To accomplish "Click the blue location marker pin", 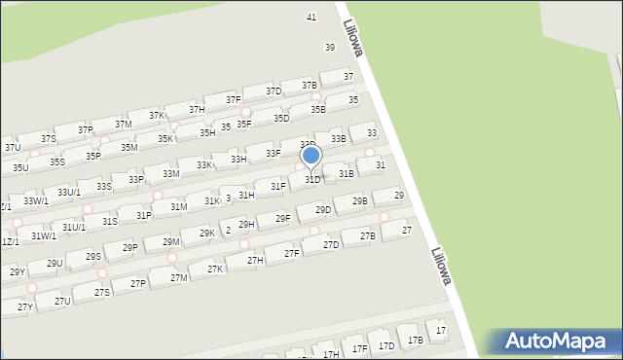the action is (x=311, y=156).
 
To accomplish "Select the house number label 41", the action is (x=311, y=18).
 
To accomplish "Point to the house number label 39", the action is (x=330, y=48).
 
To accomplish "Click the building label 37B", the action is (x=310, y=86).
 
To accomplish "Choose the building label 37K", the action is (x=156, y=116).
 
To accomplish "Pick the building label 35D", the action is (x=281, y=119).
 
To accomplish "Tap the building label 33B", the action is (x=338, y=139).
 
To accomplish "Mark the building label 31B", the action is (x=346, y=173).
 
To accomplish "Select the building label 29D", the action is (x=323, y=209).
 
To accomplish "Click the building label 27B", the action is (x=367, y=236).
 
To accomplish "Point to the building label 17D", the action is (x=386, y=345).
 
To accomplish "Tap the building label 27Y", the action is (x=24, y=307).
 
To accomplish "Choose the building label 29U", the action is (x=54, y=263).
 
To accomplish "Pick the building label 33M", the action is (x=170, y=174).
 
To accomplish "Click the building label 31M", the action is (x=178, y=207).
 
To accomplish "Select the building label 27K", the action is (x=215, y=270).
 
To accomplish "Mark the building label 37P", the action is (x=86, y=129).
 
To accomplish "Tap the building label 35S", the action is (x=57, y=162).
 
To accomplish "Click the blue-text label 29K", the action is (x=207, y=234).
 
